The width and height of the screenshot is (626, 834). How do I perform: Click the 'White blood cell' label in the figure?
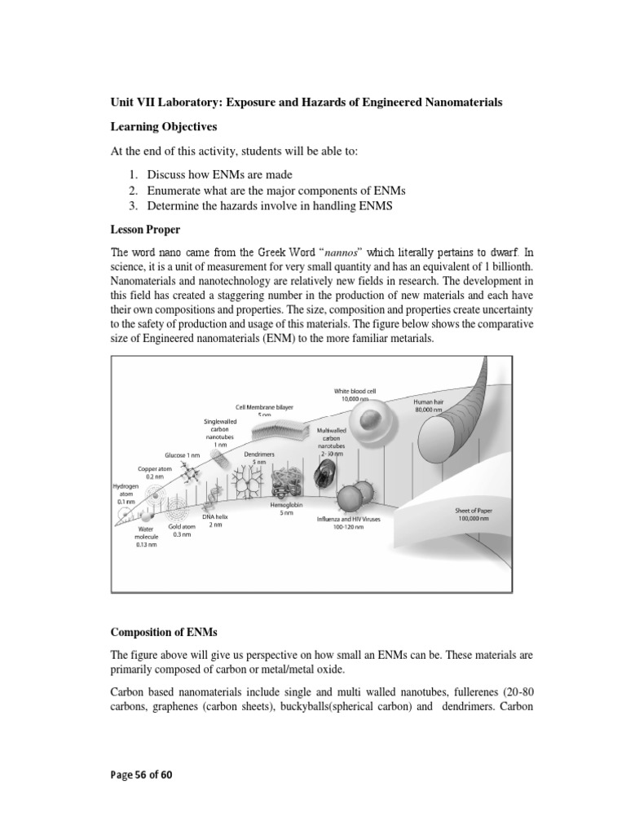(x=355, y=391)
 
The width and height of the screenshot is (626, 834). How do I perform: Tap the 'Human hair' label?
(x=428, y=402)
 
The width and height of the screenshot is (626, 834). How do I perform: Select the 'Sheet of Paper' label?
(x=472, y=514)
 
